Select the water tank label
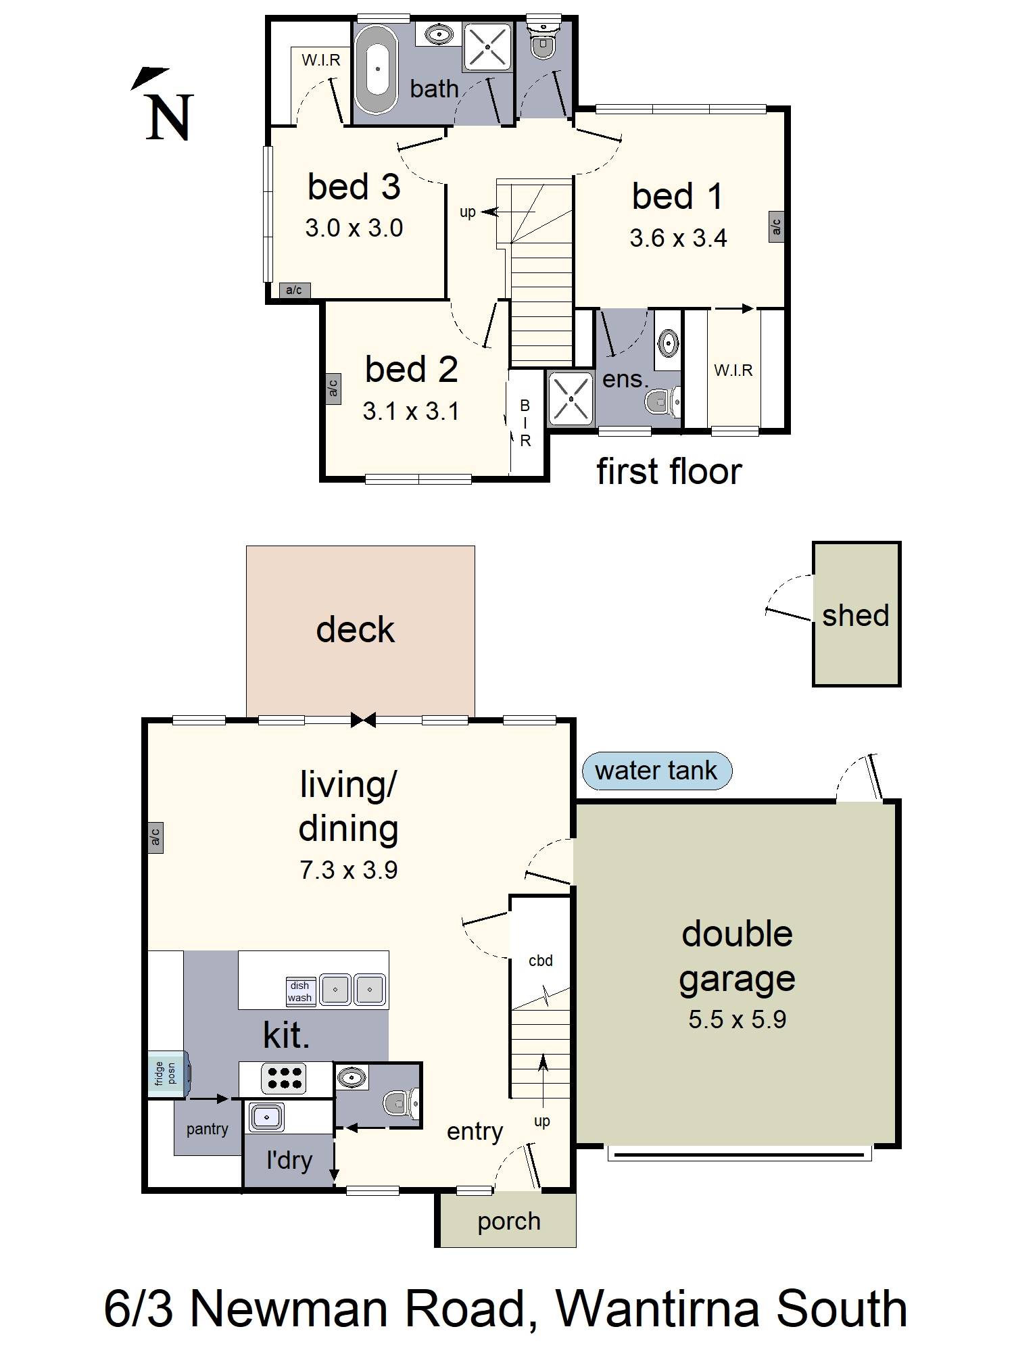click(656, 771)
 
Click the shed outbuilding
click(856, 614)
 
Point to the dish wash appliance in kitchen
click(300, 992)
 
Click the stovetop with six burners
click(285, 1078)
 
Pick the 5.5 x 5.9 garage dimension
click(738, 1019)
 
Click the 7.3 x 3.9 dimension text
click(349, 869)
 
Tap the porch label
click(509, 1222)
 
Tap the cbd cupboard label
click(541, 961)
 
